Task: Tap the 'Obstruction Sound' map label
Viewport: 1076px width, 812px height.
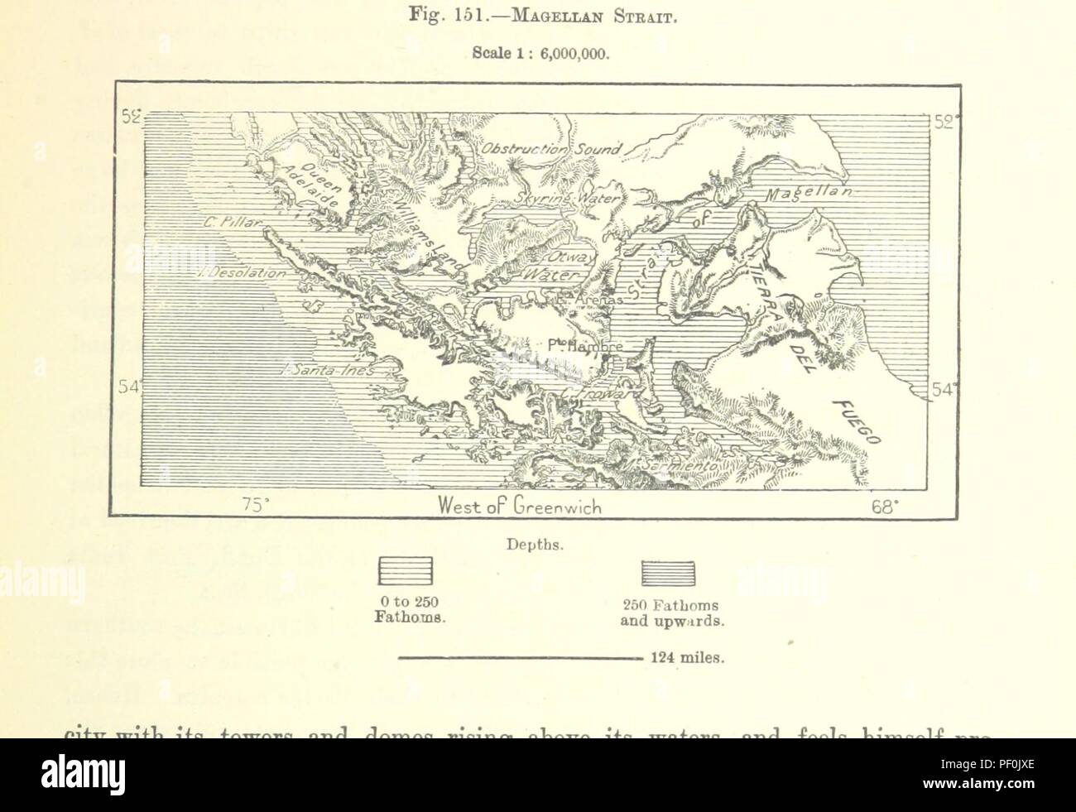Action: click(551, 150)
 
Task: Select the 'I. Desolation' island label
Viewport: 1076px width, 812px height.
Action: click(240, 272)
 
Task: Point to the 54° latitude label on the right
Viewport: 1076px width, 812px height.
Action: click(943, 388)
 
